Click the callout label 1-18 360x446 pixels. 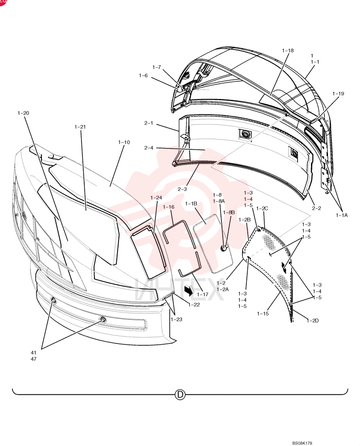(x=287, y=51)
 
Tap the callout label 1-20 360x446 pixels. (x=23, y=113)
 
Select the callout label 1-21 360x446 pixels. (x=80, y=127)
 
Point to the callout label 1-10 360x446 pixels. (x=124, y=142)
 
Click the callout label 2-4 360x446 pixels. (x=149, y=148)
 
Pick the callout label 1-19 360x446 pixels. (x=338, y=94)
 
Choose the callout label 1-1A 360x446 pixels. (x=342, y=215)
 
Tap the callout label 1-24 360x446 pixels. (x=156, y=198)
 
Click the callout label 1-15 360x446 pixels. (x=262, y=314)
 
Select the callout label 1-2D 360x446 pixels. (x=312, y=321)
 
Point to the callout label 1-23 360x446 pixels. (x=176, y=319)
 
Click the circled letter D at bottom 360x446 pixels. (x=180, y=395)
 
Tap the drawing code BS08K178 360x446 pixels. (x=302, y=443)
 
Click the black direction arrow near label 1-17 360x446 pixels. (x=188, y=290)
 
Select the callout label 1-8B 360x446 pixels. (x=229, y=212)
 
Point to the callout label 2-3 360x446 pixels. (x=182, y=189)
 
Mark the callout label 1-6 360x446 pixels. (x=143, y=76)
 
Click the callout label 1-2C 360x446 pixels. (x=262, y=208)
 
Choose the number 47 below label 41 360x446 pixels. (x=33, y=359)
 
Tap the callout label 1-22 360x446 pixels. (x=194, y=305)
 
